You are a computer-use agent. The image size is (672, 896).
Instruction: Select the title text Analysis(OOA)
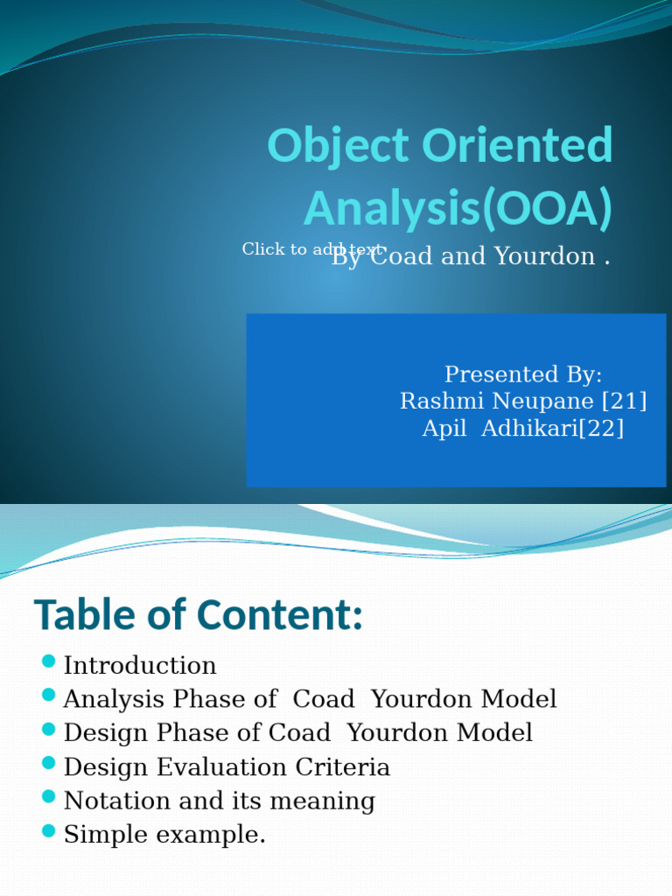pos(458,208)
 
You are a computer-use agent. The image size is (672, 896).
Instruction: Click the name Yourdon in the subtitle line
pos(545,256)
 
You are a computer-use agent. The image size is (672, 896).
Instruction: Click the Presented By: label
pos(523,374)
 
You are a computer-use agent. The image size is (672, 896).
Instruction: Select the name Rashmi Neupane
pos(496,402)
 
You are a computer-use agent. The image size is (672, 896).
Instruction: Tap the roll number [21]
pos(624,402)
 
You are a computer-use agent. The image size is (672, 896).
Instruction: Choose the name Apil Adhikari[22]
pos(523,429)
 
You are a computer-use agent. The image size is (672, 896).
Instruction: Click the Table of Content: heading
pos(199,615)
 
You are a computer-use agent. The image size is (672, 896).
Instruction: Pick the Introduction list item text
pos(140,666)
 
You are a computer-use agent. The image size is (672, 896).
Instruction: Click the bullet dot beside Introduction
pos(48,661)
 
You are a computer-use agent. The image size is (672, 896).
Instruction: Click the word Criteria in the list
pos(344,767)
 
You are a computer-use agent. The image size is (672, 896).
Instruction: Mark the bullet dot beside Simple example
pos(48,830)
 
